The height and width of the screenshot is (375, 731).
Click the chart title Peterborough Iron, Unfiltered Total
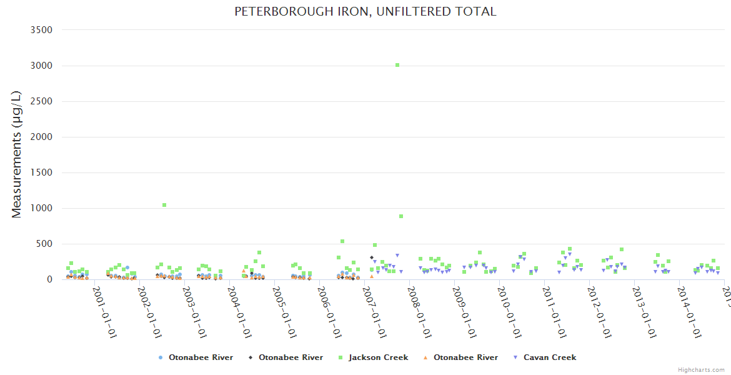tap(365, 11)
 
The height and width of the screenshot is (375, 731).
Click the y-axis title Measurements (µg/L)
tap(16, 154)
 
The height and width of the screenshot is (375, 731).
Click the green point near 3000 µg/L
tap(397, 65)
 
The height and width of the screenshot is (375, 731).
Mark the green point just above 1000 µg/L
tap(164, 205)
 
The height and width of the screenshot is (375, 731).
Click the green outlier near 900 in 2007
tap(401, 216)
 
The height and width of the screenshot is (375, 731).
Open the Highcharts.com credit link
tap(701, 369)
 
